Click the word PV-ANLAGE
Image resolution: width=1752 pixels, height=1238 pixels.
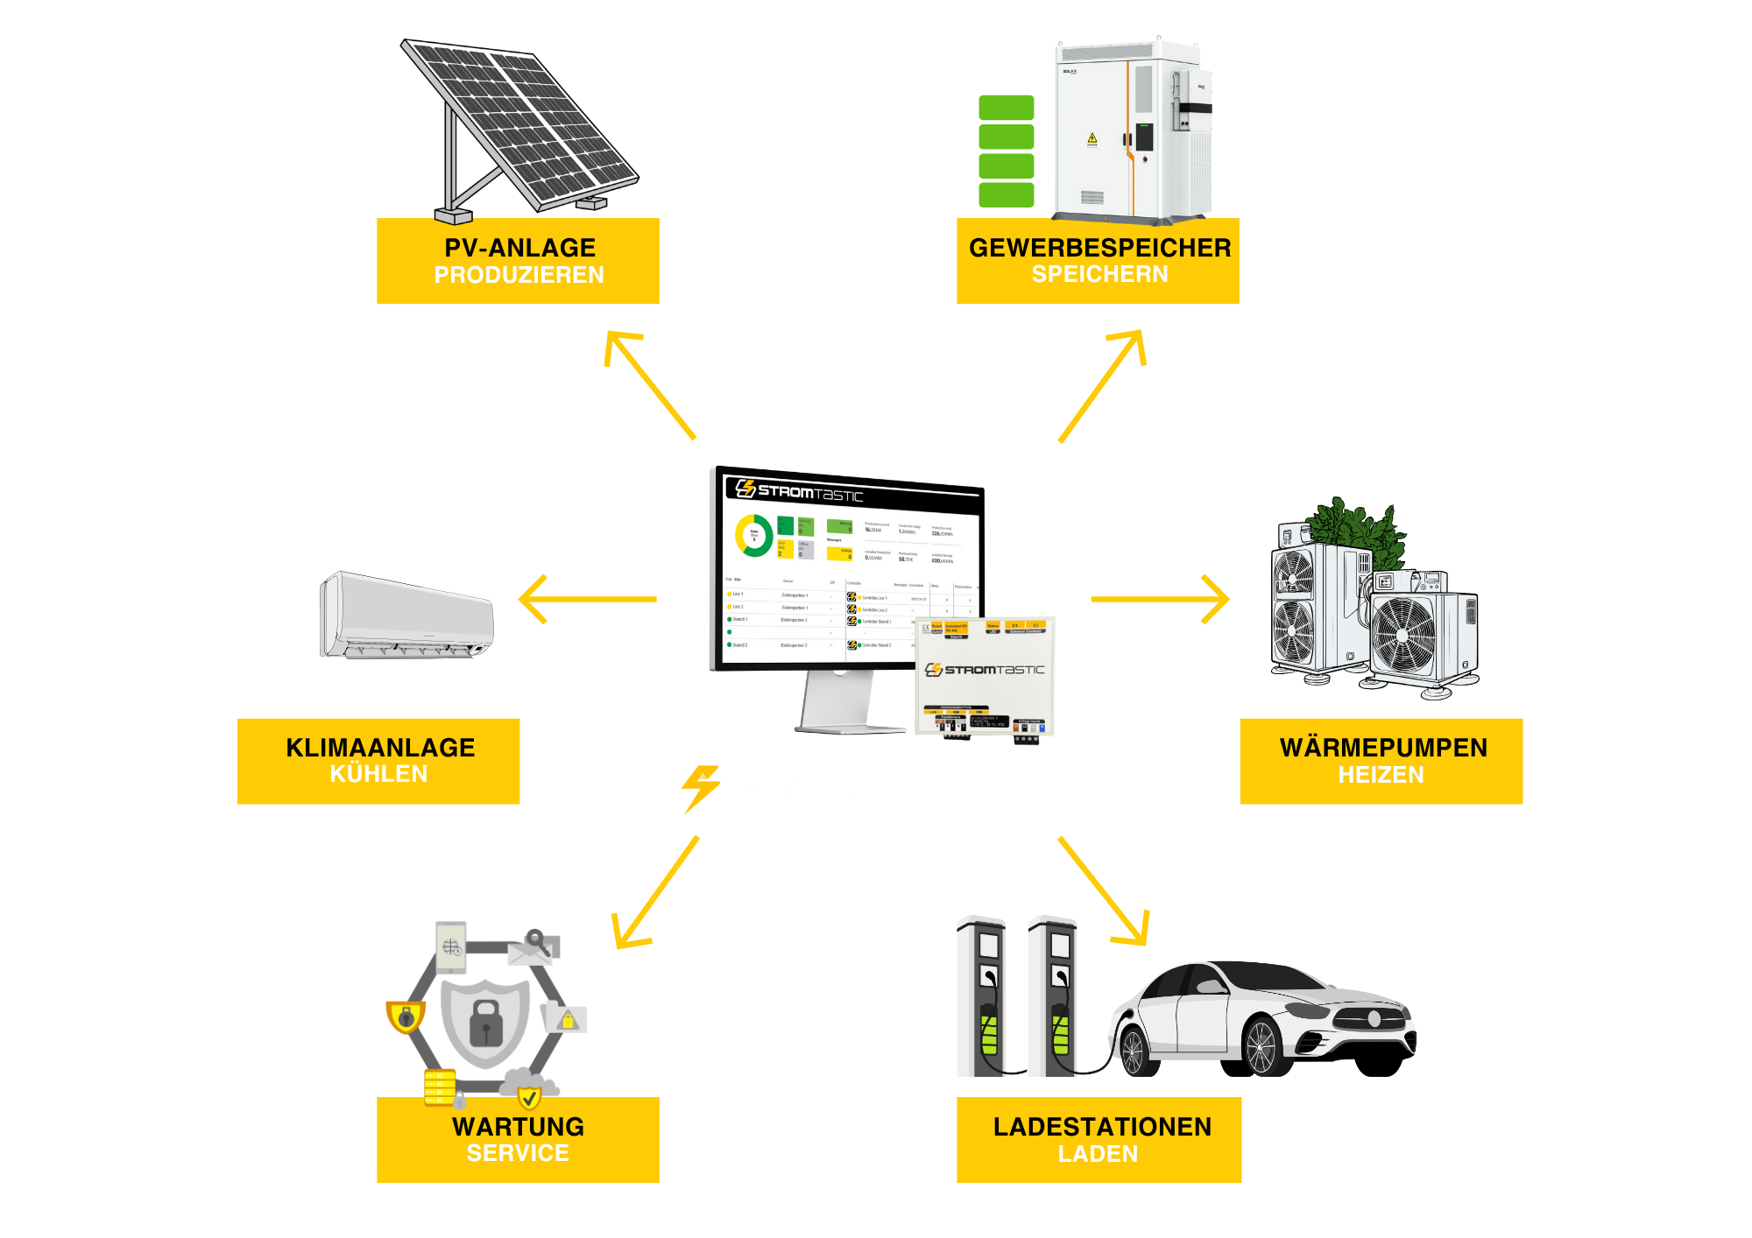tap(519, 248)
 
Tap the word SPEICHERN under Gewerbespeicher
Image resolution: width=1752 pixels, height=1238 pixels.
tap(1099, 275)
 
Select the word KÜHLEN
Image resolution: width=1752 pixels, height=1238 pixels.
tap(378, 774)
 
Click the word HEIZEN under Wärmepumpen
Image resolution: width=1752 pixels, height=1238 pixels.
tap(1381, 775)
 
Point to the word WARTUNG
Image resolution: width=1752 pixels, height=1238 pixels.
tap(518, 1127)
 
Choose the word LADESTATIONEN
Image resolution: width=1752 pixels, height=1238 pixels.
tap(1102, 1127)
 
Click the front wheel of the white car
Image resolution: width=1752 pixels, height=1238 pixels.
tap(1261, 1047)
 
